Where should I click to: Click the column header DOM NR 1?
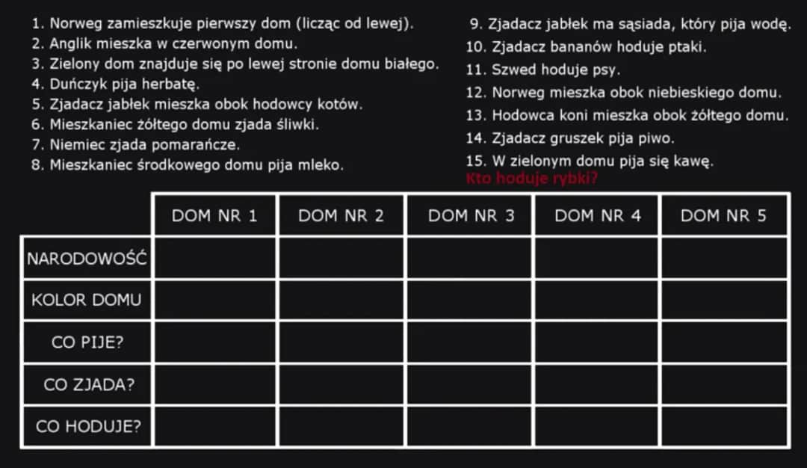coord(214,216)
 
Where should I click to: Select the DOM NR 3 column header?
coord(471,216)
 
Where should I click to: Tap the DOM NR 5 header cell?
coord(724,216)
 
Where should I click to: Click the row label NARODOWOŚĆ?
coord(87,259)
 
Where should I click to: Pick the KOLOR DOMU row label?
coord(87,301)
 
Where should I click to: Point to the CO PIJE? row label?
coord(87,343)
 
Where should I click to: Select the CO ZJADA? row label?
coord(87,385)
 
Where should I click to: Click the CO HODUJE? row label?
coord(87,427)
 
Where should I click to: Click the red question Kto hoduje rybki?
coord(531,179)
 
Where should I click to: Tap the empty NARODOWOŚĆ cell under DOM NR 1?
coord(214,259)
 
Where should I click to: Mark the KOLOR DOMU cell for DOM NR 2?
coord(341,301)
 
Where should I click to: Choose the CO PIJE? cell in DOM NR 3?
coord(471,343)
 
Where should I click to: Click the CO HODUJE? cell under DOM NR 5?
coord(724,427)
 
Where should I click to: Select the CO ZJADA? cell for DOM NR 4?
coord(597,385)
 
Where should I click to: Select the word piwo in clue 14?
coord(658,138)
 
